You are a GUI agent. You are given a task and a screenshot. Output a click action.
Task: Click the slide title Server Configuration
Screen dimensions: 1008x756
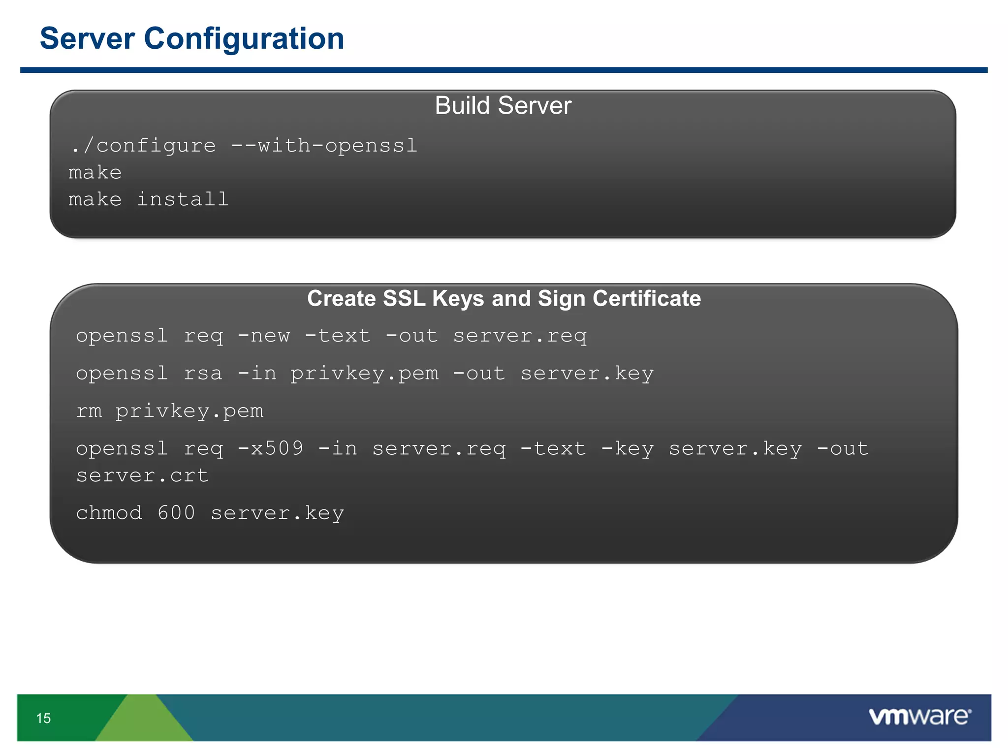192,38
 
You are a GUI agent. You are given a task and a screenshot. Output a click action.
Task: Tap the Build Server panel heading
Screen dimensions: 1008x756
503,105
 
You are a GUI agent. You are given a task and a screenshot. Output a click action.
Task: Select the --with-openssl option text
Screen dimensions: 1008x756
324,146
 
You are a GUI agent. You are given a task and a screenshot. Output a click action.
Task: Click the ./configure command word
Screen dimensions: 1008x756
144,146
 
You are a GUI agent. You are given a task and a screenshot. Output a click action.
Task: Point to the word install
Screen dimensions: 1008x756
183,199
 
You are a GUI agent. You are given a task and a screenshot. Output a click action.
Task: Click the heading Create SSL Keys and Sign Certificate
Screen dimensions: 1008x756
504,298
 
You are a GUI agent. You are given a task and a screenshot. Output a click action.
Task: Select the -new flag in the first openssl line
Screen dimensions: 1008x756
264,336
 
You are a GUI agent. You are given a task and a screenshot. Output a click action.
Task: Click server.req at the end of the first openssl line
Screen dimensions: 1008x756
520,336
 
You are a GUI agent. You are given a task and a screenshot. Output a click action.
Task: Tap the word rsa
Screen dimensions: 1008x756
203,373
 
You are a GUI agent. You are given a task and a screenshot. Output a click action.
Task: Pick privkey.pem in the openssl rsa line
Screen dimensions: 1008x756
364,373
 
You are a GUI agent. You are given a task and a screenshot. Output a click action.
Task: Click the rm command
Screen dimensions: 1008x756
89,410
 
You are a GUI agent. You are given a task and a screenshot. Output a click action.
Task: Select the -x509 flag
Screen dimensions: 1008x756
271,448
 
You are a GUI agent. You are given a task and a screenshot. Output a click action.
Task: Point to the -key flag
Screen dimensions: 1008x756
628,448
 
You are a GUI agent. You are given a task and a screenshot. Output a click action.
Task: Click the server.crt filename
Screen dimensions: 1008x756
142,475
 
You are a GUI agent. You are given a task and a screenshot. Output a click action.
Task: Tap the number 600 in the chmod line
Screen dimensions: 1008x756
176,513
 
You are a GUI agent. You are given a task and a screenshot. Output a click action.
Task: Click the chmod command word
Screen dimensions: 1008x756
109,513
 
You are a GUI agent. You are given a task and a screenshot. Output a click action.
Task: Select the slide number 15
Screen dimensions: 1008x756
43,718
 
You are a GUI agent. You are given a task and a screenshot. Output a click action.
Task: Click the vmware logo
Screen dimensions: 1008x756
919,716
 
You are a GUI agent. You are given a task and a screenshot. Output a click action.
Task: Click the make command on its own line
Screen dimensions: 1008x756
95,173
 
